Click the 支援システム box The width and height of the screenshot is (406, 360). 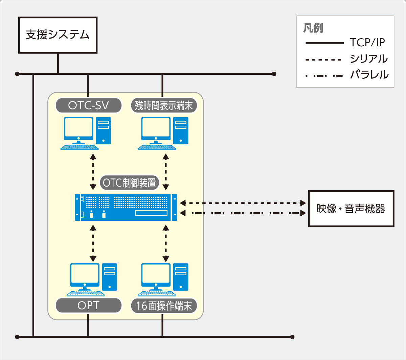point(58,35)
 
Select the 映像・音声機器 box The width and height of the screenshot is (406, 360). point(351,209)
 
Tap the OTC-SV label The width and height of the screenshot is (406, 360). point(88,105)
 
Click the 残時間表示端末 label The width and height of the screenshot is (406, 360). point(164,105)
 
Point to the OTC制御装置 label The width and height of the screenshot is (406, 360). point(129,183)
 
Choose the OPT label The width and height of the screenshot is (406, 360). point(88,306)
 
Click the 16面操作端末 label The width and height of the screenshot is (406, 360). point(164,306)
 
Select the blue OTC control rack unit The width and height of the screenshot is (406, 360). point(126,207)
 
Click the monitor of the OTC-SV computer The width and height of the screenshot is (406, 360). point(78,128)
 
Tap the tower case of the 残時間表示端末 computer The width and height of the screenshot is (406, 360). point(181,130)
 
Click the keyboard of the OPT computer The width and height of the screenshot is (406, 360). point(83,293)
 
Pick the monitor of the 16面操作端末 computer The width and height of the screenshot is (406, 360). point(156,274)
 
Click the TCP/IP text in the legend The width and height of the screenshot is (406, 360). point(367,43)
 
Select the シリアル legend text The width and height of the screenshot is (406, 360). point(368,59)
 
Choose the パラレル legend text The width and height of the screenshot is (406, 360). point(369,75)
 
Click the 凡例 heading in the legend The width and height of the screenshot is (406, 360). point(313,28)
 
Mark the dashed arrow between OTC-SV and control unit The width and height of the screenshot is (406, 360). point(93,172)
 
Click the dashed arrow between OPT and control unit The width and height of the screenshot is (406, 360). point(93,243)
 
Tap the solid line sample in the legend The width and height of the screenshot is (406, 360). point(324,43)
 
